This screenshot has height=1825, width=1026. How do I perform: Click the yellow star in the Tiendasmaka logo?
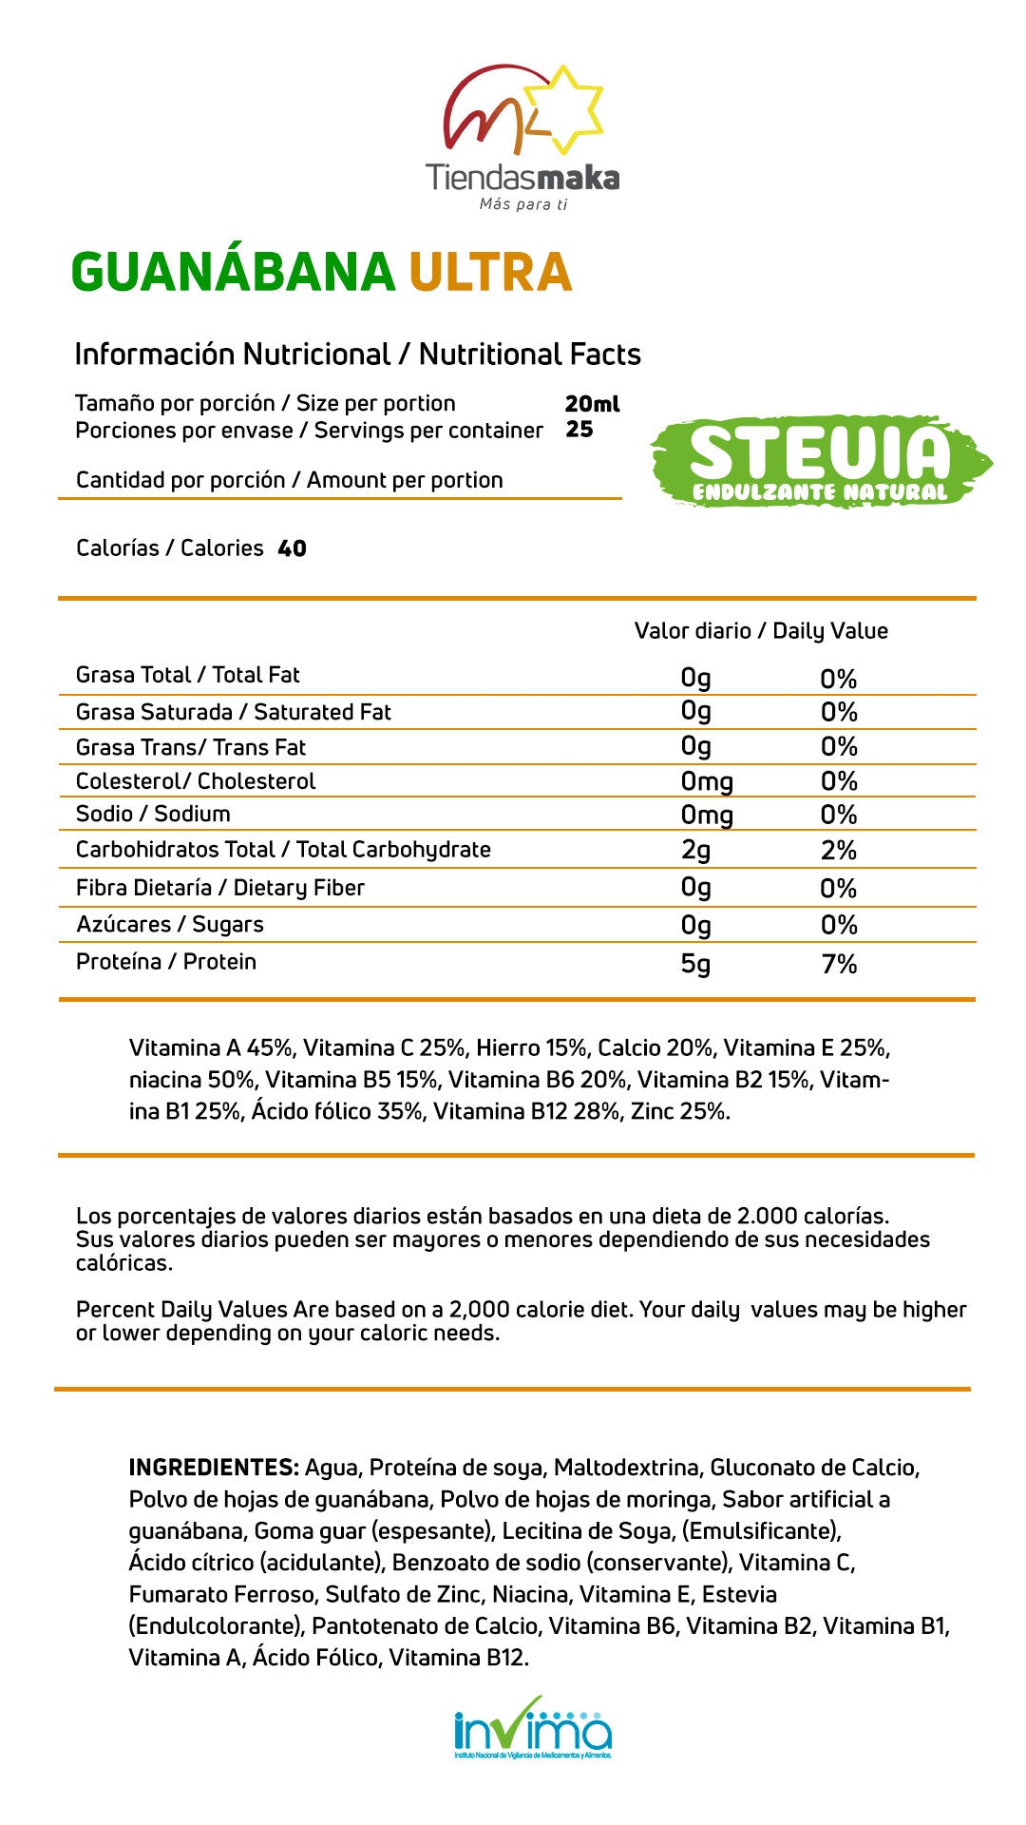[564, 108]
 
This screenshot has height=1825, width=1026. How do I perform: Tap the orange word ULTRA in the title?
[490, 272]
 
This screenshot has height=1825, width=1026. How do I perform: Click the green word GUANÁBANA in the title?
[233, 272]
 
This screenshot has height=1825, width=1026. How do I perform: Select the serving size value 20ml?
[591, 404]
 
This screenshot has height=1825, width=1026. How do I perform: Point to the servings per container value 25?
[579, 430]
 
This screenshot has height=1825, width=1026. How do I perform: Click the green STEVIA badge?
[820, 462]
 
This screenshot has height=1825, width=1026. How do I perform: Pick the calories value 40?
[292, 548]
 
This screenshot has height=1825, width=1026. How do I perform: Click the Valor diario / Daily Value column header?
[761, 631]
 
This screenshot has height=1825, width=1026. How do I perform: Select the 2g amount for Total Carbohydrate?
[695, 850]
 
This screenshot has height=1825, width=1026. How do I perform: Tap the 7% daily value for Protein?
[839, 964]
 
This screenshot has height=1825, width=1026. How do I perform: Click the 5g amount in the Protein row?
[695, 964]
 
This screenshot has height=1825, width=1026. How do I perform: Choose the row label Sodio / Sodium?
[153, 814]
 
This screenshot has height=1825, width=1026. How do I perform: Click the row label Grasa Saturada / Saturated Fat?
[233, 712]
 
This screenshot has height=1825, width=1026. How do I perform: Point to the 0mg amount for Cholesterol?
[707, 781]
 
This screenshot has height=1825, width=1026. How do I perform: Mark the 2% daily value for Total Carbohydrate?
[839, 850]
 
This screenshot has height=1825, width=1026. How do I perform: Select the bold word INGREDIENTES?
[214, 1467]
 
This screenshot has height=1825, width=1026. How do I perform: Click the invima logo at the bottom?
[532, 1728]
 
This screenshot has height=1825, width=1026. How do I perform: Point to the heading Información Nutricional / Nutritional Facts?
[357, 355]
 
